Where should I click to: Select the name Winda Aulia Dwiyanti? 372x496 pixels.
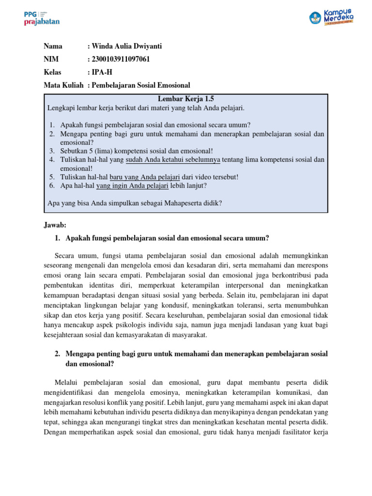pyautogui.click(x=126, y=46)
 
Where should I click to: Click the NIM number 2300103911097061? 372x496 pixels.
pyautogui.click(x=121, y=60)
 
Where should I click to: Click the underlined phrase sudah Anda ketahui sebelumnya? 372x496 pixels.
pyautogui.click(x=173, y=159)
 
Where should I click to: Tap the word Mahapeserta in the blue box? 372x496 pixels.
pyautogui.click(x=182, y=203)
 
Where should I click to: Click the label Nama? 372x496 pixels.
pyautogui.click(x=53, y=46)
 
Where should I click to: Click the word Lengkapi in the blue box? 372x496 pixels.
pyautogui.click(x=61, y=107)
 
